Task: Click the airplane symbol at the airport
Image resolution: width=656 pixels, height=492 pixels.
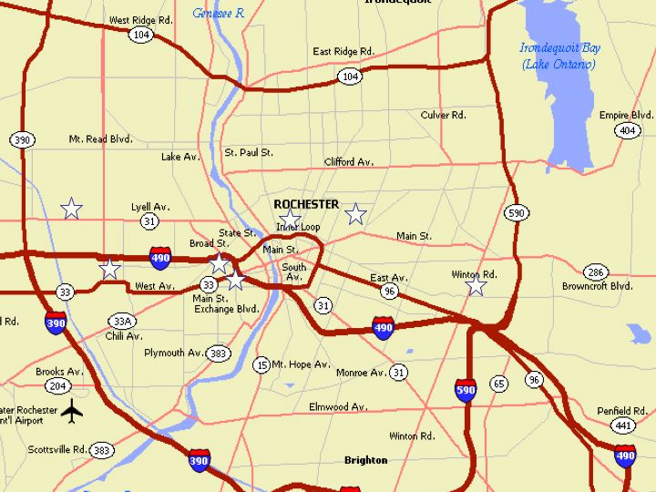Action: point(73,412)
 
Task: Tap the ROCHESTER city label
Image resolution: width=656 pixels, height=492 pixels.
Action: point(306,204)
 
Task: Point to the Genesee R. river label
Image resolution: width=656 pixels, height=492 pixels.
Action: point(219,13)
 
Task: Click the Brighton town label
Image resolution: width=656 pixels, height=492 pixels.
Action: point(365,460)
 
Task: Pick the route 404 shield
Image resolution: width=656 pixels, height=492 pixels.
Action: point(626,131)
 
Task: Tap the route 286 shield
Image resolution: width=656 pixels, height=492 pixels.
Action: point(596,272)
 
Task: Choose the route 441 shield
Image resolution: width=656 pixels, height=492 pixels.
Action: point(623,425)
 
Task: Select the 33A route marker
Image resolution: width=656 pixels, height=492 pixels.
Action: point(122,321)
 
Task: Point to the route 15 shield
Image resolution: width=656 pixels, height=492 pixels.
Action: point(261,364)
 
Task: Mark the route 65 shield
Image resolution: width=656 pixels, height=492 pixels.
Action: point(498,384)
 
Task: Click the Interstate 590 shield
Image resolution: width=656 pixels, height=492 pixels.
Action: point(465,391)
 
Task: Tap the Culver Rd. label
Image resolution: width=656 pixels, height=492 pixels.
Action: point(443,115)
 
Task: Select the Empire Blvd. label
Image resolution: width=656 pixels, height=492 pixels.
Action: point(626,115)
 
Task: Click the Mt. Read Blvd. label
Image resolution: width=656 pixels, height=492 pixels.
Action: point(100,139)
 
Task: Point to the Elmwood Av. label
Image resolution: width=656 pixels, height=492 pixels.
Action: point(337,406)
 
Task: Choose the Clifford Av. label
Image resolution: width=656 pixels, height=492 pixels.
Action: point(349,162)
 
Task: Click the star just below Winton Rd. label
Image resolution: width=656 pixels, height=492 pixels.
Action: point(476,286)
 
